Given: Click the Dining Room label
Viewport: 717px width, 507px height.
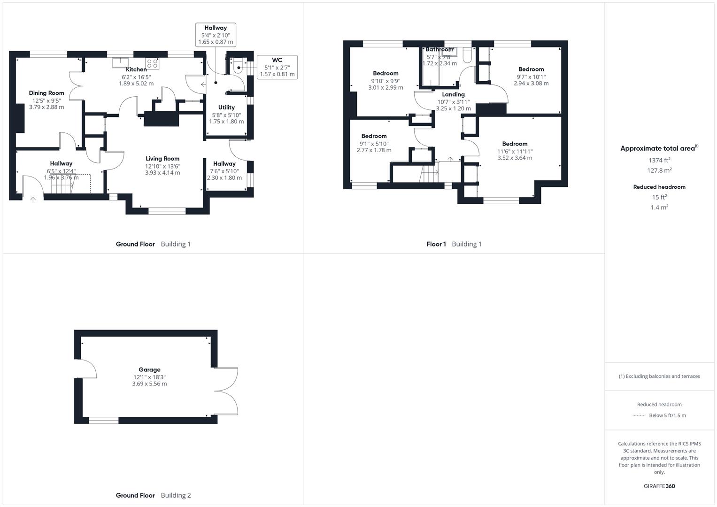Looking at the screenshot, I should click(46, 93).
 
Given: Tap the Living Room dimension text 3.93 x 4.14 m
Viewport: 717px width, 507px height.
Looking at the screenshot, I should click(162, 173).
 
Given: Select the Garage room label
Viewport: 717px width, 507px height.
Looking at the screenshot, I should click(149, 369).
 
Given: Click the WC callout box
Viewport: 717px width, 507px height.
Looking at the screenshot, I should click(277, 67).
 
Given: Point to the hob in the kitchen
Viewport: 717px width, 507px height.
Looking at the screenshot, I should click(152, 63).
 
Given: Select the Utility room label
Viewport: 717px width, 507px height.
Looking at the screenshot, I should click(226, 108).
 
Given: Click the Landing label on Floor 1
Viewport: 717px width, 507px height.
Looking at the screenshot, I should click(453, 94).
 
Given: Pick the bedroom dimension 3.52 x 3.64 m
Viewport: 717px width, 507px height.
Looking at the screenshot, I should click(515, 158).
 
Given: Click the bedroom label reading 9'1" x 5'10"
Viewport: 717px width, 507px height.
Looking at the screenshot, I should click(374, 144).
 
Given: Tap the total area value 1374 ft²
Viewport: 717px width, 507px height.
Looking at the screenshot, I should click(659, 160).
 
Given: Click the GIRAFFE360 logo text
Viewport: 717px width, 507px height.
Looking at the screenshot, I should click(659, 486).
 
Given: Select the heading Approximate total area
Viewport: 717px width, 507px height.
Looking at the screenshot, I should click(658, 148).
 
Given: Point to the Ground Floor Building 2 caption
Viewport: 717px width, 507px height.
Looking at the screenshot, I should click(153, 495).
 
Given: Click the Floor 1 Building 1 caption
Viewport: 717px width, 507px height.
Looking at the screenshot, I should click(454, 244).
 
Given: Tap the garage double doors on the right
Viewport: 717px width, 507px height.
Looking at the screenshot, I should click(228, 391).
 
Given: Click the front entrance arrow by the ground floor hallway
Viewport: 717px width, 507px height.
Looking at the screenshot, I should click(33, 200).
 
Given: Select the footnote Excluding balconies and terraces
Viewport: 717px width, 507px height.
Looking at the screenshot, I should click(659, 376).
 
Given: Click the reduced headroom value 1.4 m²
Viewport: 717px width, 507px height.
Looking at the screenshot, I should click(659, 207).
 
